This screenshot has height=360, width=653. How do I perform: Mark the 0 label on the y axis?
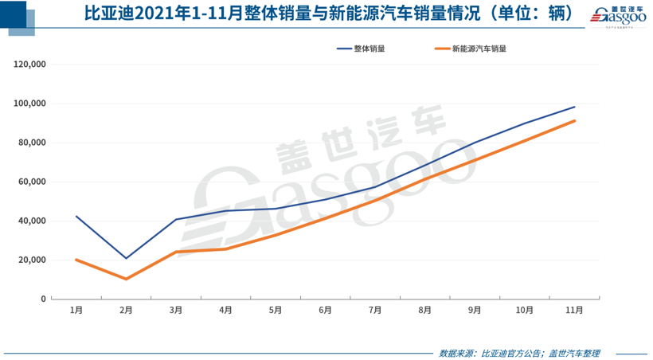click(x=44, y=299)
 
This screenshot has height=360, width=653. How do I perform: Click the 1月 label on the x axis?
click(x=76, y=310)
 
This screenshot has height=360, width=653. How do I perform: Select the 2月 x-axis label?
click(x=126, y=310)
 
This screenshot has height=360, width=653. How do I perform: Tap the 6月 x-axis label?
click(x=325, y=310)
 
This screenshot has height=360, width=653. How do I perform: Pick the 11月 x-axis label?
click(x=574, y=310)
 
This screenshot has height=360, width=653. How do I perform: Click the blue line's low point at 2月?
click(x=126, y=258)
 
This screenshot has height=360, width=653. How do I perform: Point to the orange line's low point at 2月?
click(x=126, y=279)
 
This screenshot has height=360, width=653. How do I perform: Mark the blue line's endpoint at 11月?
click(x=574, y=107)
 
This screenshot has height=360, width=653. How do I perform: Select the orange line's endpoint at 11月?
click(x=574, y=121)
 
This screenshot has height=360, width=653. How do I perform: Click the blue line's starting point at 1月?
click(x=76, y=216)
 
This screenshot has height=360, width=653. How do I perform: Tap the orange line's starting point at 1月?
click(x=76, y=260)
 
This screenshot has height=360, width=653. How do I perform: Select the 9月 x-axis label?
click(x=475, y=310)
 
